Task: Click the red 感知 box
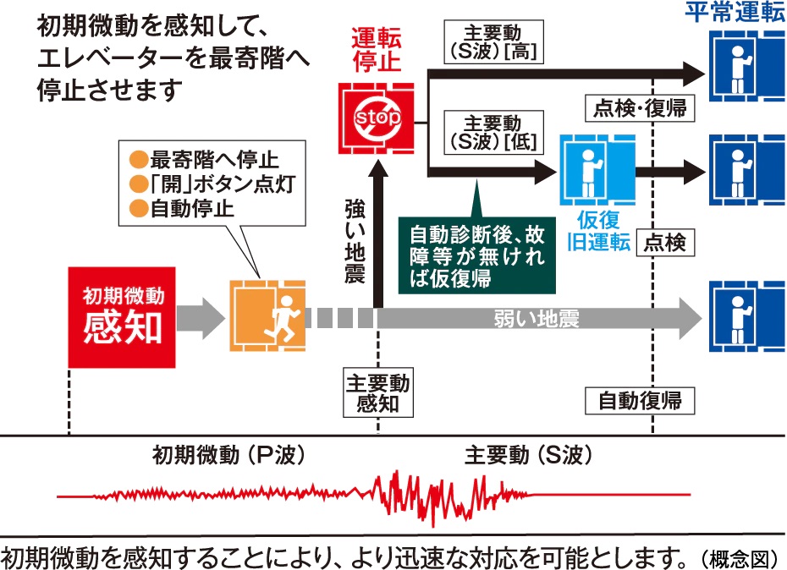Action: coord(122,317)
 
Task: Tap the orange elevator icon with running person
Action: coord(266,317)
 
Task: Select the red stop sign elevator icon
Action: coord(377,117)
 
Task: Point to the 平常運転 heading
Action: coord(734,13)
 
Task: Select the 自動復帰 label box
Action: coord(640,398)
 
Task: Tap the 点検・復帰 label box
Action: coord(641,108)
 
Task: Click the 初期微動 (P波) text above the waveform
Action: coord(228,456)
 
